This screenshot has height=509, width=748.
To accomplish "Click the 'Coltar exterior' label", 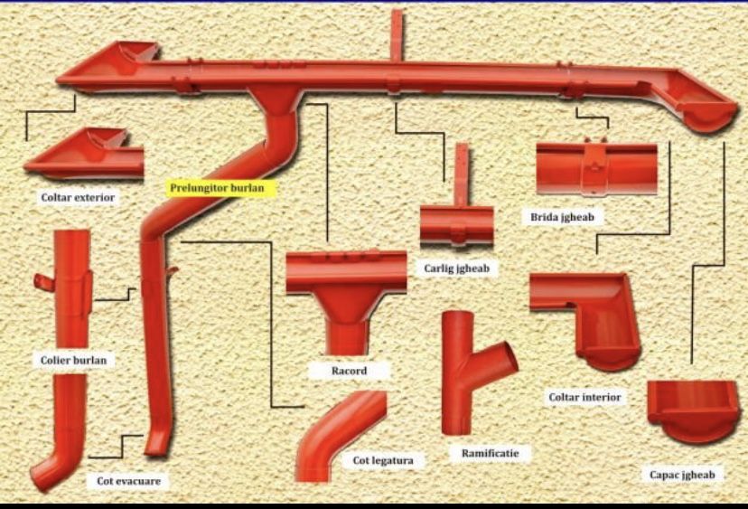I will pyautogui.click(x=78, y=196).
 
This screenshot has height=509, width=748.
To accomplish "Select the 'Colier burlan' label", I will pyautogui.click(x=73, y=360).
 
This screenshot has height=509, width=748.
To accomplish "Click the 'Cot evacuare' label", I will pyautogui.click(x=128, y=481).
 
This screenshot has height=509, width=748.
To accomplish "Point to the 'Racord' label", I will pyautogui.click(x=349, y=371).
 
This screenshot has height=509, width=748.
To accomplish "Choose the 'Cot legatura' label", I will pyautogui.click(x=383, y=461).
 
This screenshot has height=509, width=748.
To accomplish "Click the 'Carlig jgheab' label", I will pyautogui.click(x=456, y=268).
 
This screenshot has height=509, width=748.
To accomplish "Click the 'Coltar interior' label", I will pyautogui.click(x=584, y=397).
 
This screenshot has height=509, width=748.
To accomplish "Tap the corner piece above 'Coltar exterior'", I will pyautogui.click(x=85, y=155).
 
